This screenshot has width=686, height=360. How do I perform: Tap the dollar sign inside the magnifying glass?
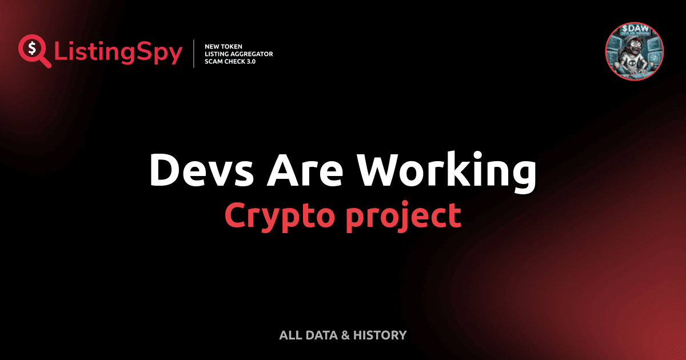pos(32,49)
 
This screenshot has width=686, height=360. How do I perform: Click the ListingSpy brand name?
pos(118,53)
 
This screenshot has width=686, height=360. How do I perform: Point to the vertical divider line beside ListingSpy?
pos(195,53)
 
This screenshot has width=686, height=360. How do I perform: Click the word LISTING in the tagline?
pos(218,54)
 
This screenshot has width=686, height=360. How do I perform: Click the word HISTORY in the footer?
pos(380,335)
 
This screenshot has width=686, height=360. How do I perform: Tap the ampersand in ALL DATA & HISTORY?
pos(344,335)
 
